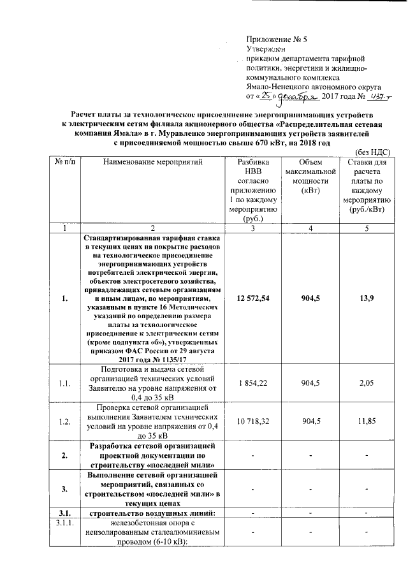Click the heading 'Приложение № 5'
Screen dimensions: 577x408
(x=272, y=39)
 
